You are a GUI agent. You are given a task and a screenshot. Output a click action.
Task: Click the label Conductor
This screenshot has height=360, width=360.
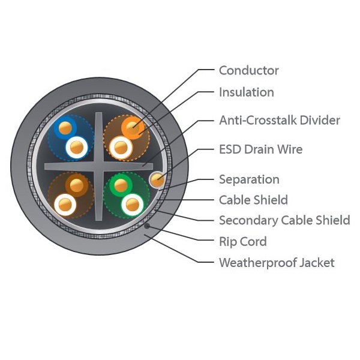[x=248, y=70]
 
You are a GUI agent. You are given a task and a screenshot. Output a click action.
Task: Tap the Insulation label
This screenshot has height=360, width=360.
[x=247, y=92]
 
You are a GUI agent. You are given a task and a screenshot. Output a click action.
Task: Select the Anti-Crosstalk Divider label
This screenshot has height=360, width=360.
[x=280, y=121]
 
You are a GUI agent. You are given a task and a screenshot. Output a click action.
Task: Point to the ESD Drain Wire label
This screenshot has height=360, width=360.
[x=260, y=149]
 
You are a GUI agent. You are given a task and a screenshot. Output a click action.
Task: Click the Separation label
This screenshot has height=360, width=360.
[x=249, y=179]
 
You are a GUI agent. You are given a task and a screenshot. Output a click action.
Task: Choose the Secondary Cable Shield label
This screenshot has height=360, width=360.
[x=284, y=220]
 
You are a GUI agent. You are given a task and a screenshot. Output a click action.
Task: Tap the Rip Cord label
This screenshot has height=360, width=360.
[x=243, y=242]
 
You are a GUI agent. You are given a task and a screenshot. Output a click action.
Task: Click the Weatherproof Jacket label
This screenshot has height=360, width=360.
[x=277, y=263]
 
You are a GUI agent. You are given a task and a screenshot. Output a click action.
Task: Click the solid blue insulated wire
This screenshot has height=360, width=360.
[x=65, y=128]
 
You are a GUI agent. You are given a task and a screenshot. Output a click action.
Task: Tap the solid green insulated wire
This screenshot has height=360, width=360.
[x=121, y=185]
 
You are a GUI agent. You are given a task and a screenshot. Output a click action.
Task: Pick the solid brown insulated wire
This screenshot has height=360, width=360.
[x=76, y=185]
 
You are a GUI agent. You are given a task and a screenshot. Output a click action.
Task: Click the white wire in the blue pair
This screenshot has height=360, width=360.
[x=77, y=147]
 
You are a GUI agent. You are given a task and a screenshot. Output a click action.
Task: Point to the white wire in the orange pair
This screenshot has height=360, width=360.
[x=121, y=148]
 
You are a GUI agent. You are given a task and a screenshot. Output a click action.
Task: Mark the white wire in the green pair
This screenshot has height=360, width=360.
[x=133, y=205]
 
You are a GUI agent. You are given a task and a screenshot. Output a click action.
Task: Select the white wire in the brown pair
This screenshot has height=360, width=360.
[x=65, y=205]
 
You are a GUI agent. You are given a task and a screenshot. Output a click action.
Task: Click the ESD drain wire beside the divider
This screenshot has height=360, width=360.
[x=157, y=179]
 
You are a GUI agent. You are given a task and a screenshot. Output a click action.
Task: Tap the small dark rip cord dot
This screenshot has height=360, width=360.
[x=147, y=226]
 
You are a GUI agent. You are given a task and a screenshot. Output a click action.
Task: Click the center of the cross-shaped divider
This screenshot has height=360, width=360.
[x=99, y=166]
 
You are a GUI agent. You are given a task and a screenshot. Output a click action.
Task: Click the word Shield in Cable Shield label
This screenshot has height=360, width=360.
[x=273, y=200]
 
